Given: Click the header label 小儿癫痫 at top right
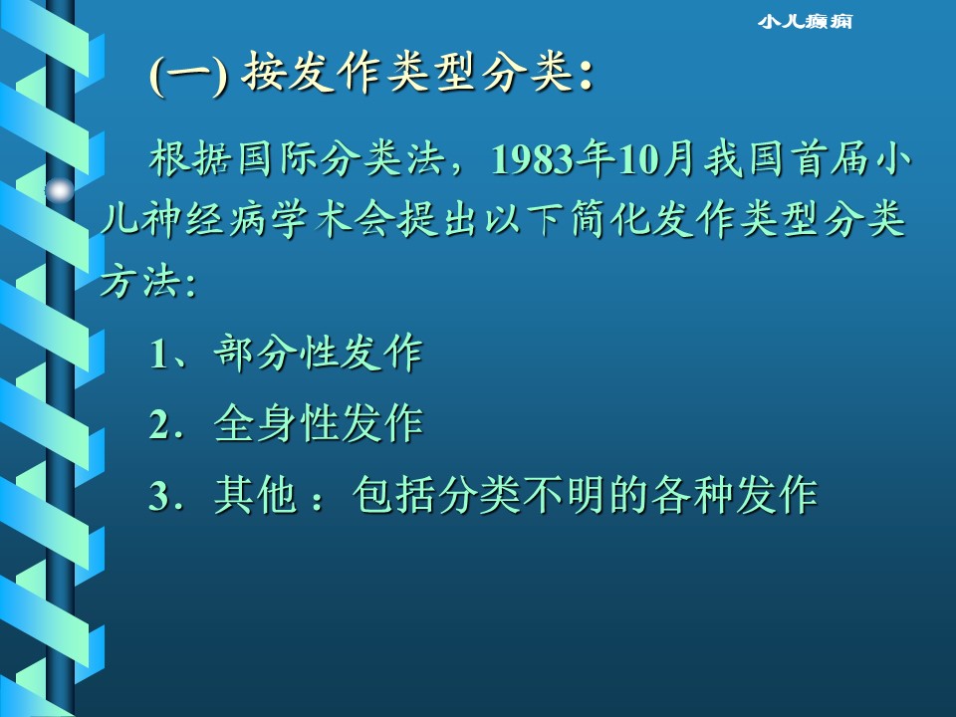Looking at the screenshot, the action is click(x=805, y=21).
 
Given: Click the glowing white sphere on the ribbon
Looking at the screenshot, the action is click(x=59, y=191).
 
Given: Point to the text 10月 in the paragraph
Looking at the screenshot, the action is click(x=656, y=159).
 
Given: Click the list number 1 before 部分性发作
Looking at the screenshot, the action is click(x=159, y=354).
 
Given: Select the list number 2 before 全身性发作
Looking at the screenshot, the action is click(x=159, y=424).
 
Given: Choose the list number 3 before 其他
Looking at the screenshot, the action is click(x=159, y=496).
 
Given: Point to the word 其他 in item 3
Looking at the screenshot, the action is click(x=256, y=495).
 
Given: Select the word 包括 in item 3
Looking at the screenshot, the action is click(x=394, y=495).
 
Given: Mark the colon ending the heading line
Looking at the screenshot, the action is click(x=586, y=78).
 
